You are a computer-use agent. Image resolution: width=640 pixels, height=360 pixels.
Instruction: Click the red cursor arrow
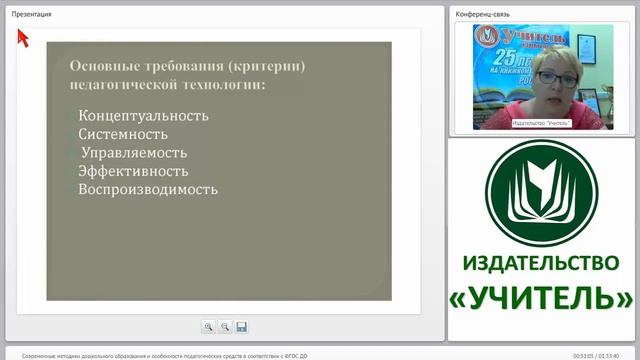pyautogui.click(x=22, y=36)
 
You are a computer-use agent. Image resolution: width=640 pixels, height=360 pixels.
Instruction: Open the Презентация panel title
pyautogui.click(x=32, y=14)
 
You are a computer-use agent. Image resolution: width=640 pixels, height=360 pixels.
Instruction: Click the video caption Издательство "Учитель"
pyautogui.click(x=540, y=123)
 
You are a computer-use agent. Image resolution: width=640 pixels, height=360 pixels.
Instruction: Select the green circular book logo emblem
pyautogui.click(x=543, y=193)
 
